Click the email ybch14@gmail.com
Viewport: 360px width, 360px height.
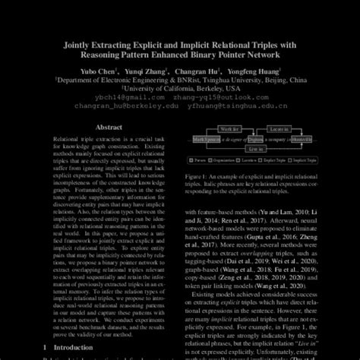[x=111, y=96]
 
